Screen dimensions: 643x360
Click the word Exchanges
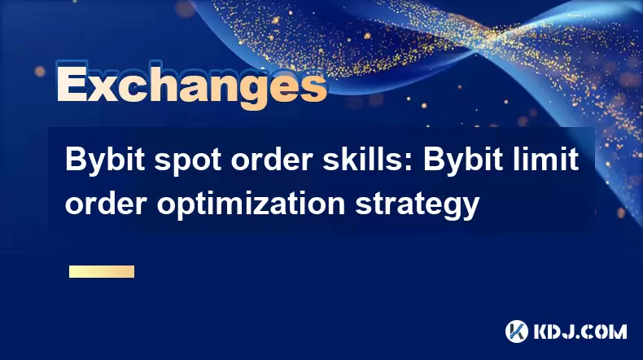(191, 85)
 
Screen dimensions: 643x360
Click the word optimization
(251, 204)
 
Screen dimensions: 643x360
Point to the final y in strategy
(470, 209)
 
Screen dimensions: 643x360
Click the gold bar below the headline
(102, 272)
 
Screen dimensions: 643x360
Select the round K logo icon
(517, 331)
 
